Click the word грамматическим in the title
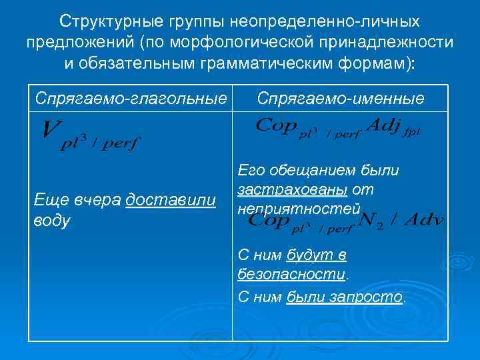coord(271,65)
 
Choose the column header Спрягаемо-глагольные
coord(131,99)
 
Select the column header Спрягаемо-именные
coord(341,99)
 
